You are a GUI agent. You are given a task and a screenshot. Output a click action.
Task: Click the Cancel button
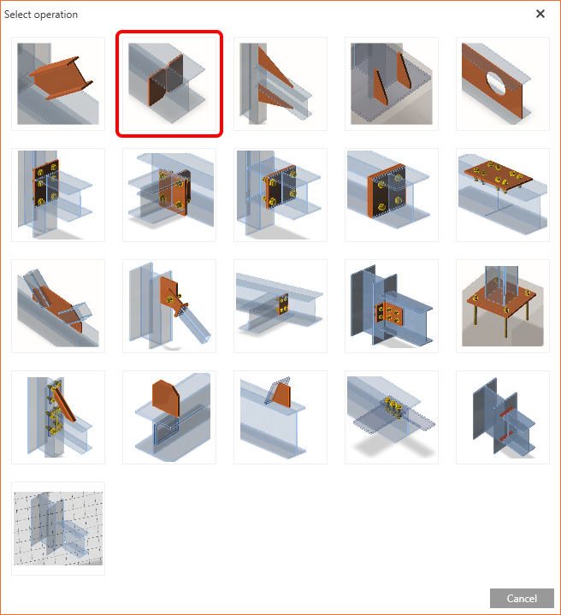click(522, 598)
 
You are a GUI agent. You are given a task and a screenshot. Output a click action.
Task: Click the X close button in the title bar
click(540, 14)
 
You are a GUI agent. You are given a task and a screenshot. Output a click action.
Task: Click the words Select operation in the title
click(41, 15)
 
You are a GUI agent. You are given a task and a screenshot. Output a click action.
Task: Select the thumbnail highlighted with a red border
click(169, 84)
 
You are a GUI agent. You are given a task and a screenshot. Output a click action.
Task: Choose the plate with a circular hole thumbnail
click(503, 84)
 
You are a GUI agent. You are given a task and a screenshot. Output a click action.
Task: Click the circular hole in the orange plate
click(496, 83)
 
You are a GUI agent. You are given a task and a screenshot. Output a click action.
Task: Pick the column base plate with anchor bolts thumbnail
click(503, 306)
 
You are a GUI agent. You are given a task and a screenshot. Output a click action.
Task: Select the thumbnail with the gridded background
click(58, 529)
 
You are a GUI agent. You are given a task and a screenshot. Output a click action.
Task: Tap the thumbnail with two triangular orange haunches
click(280, 84)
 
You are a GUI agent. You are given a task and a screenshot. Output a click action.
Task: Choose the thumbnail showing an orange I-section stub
click(58, 84)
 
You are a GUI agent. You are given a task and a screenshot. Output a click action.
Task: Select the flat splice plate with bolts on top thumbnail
click(503, 195)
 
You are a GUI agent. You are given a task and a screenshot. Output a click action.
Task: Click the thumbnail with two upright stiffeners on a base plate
click(392, 84)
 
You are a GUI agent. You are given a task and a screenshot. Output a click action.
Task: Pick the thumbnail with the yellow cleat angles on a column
click(58, 417)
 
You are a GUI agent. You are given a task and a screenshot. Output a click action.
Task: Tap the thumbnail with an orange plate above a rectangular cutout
click(169, 417)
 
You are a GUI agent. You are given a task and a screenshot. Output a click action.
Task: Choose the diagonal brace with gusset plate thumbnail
click(169, 306)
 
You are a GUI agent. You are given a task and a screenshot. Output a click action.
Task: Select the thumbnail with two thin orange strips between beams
click(503, 417)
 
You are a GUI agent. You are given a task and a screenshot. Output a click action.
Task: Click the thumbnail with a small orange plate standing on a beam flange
click(280, 417)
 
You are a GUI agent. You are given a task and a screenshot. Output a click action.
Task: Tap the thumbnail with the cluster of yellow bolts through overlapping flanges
click(392, 417)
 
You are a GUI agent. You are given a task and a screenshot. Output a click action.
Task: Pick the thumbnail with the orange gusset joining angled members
click(58, 306)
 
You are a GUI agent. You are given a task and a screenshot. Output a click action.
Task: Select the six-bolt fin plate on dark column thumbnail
click(392, 306)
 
